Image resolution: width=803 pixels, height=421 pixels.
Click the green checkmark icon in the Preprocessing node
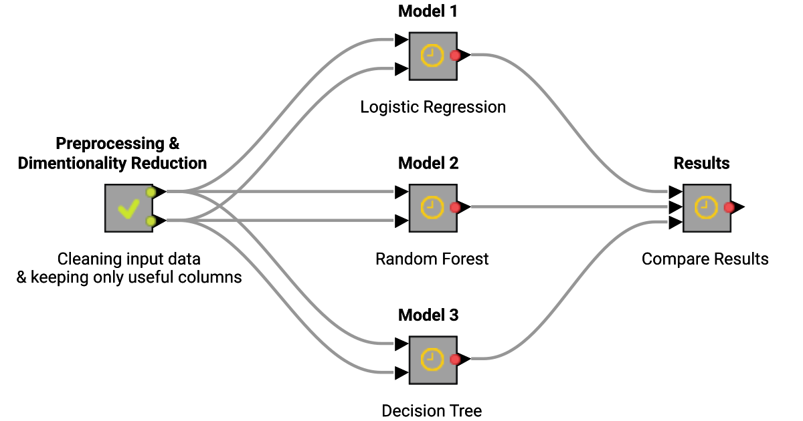pyautogui.click(x=128, y=209)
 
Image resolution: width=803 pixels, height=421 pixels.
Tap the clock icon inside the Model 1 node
pyautogui.click(x=432, y=56)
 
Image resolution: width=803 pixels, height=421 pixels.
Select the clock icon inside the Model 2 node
pyautogui.click(x=432, y=208)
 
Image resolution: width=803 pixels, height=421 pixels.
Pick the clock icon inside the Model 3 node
pyautogui.click(x=432, y=360)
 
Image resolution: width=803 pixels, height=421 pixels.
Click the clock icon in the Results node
pyautogui.click(x=706, y=208)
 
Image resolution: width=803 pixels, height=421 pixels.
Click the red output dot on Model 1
pyautogui.click(x=455, y=56)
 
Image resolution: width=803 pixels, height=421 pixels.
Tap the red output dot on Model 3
pyautogui.click(x=455, y=360)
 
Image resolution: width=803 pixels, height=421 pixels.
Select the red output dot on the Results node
pyautogui.click(x=729, y=208)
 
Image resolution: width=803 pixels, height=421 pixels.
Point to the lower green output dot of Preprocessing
pyautogui.click(x=151, y=221)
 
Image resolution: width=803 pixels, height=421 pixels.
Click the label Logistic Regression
pyautogui.click(x=433, y=107)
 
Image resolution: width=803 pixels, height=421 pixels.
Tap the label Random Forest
pyautogui.click(x=432, y=259)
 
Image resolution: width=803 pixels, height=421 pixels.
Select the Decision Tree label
pyautogui.click(x=432, y=410)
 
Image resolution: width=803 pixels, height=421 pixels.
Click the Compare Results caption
pyautogui.click(x=705, y=259)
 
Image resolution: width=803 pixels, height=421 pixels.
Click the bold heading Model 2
pyautogui.click(x=428, y=163)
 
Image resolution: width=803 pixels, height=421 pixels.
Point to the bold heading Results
pyautogui.click(x=701, y=163)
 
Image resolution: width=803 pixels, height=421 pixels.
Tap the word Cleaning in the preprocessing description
pyautogui.click(x=84, y=259)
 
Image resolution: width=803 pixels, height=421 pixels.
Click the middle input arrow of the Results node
pyautogui.click(x=675, y=207)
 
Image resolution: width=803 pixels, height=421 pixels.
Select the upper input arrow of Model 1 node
pyautogui.click(x=401, y=41)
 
